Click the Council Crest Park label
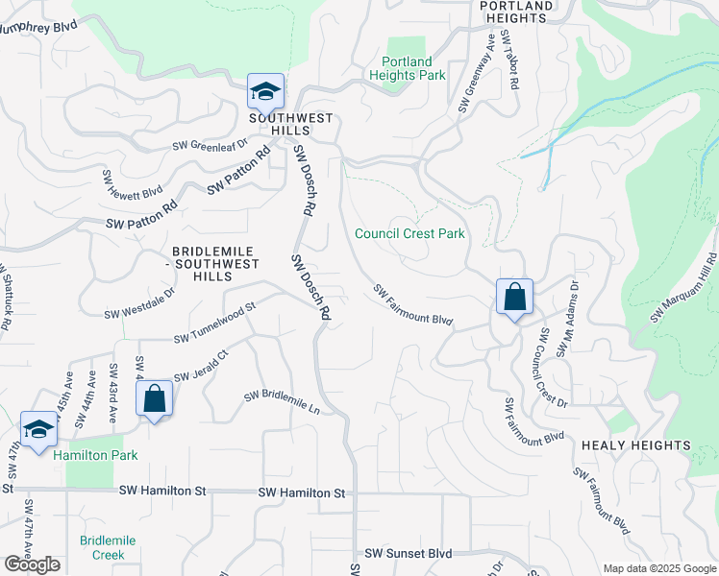[x=409, y=233]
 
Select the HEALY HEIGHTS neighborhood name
[x=635, y=445]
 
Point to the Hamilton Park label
[x=95, y=455]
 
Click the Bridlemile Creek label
[x=109, y=548]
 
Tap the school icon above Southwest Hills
[x=265, y=92]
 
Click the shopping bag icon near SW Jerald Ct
[x=155, y=398]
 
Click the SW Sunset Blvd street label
[x=409, y=554]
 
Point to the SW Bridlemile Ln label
[x=282, y=401]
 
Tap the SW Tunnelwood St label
[x=215, y=324]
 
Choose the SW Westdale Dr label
[x=140, y=300]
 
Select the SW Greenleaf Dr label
[x=210, y=145]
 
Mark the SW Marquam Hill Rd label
[x=685, y=286]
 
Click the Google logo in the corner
[x=32, y=564]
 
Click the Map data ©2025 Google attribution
[x=658, y=568]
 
